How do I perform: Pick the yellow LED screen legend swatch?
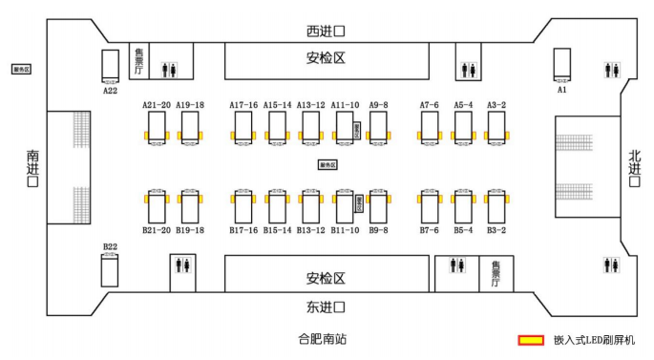pos(531,340)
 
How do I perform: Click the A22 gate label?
pos(110,91)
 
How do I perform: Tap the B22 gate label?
pos(110,247)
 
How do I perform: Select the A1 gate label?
pos(562,89)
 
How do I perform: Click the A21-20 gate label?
pos(157,105)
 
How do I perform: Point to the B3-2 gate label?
pos(496,230)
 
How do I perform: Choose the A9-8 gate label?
pos(379,105)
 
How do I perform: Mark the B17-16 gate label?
pos(243,230)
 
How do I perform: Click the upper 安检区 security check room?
pos(325,59)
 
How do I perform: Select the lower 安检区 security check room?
pos(325,278)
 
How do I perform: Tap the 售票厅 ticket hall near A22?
pos(139,60)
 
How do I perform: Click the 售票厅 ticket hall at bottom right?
pos(496,273)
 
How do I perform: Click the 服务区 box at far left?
pos(21,69)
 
